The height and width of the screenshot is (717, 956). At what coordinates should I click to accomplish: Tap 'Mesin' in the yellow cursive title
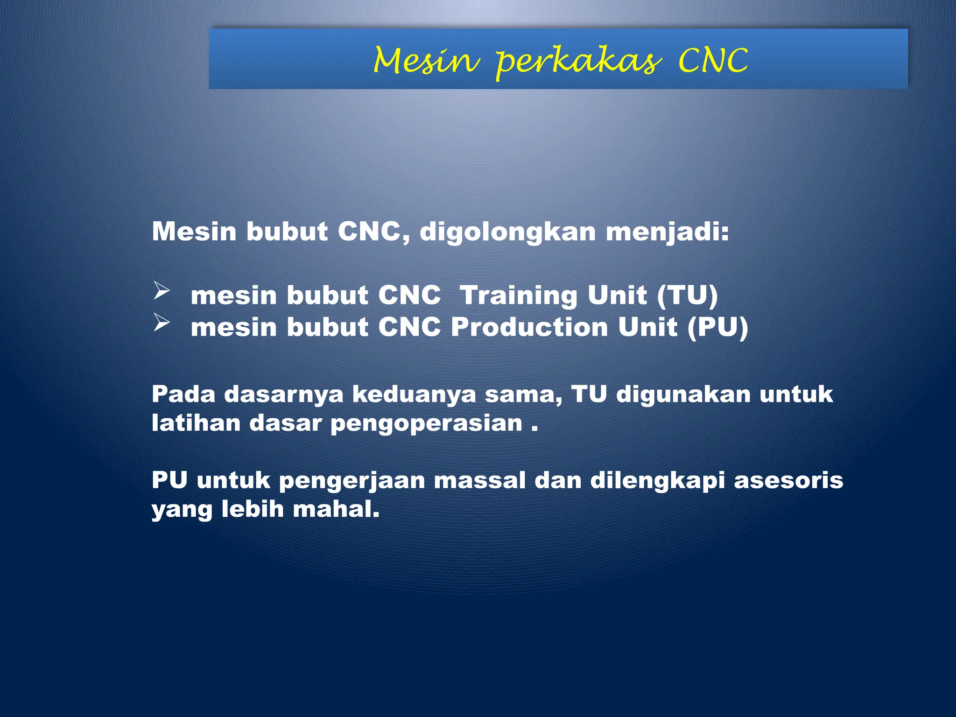click(426, 62)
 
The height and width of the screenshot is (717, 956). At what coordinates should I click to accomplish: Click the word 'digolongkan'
click(507, 232)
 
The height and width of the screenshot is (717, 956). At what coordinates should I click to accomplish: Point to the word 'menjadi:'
click(667, 232)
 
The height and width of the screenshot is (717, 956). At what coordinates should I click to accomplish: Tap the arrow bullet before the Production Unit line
click(161, 323)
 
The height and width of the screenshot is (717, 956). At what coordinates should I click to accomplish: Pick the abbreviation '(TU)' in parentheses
click(687, 296)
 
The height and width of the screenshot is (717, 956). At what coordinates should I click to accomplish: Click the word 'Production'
click(529, 327)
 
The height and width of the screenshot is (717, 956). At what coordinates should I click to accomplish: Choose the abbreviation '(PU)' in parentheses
click(717, 327)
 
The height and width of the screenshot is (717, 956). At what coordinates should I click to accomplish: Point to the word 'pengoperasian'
click(426, 424)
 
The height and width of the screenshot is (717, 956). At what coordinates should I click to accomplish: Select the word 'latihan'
click(196, 423)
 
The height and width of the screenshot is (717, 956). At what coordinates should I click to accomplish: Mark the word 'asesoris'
click(788, 480)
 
